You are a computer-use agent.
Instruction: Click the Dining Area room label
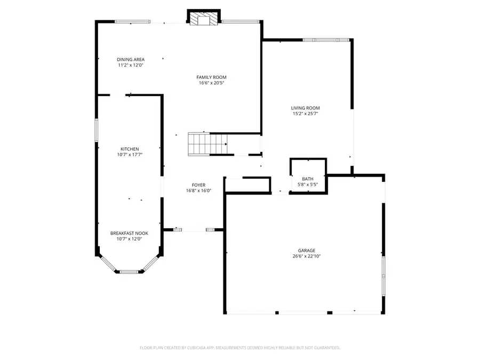point(131,59)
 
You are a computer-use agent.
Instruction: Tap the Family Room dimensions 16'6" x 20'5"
point(211,83)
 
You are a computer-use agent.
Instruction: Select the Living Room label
point(305,108)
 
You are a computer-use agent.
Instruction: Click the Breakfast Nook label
point(129,233)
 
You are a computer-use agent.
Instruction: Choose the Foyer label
point(195,185)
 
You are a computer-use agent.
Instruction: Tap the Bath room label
point(308,179)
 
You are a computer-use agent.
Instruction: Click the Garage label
point(306,250)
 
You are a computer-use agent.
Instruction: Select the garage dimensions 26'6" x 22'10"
point(306,256)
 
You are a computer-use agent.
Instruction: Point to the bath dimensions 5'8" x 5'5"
point(308,185)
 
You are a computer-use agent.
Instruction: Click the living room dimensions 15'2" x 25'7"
point(305,114)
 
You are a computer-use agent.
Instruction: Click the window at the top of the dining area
point(132,22)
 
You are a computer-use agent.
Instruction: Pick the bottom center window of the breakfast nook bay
point(129,271)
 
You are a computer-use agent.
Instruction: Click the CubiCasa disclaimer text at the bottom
point(239,348)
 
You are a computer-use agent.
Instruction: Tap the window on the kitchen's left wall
point(97,130)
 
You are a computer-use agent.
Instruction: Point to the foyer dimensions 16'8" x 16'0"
point(195,190)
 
